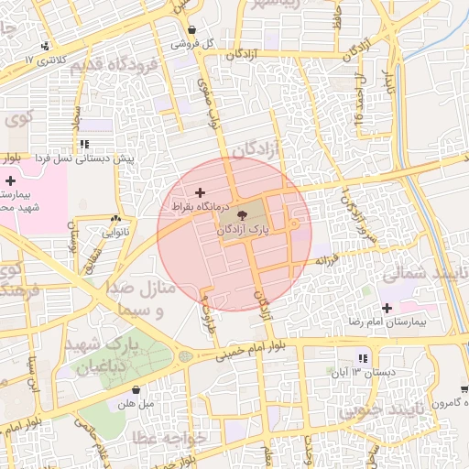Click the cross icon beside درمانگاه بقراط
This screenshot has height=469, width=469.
coord(201,192)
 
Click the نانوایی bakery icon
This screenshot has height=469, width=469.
coord(115,219)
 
